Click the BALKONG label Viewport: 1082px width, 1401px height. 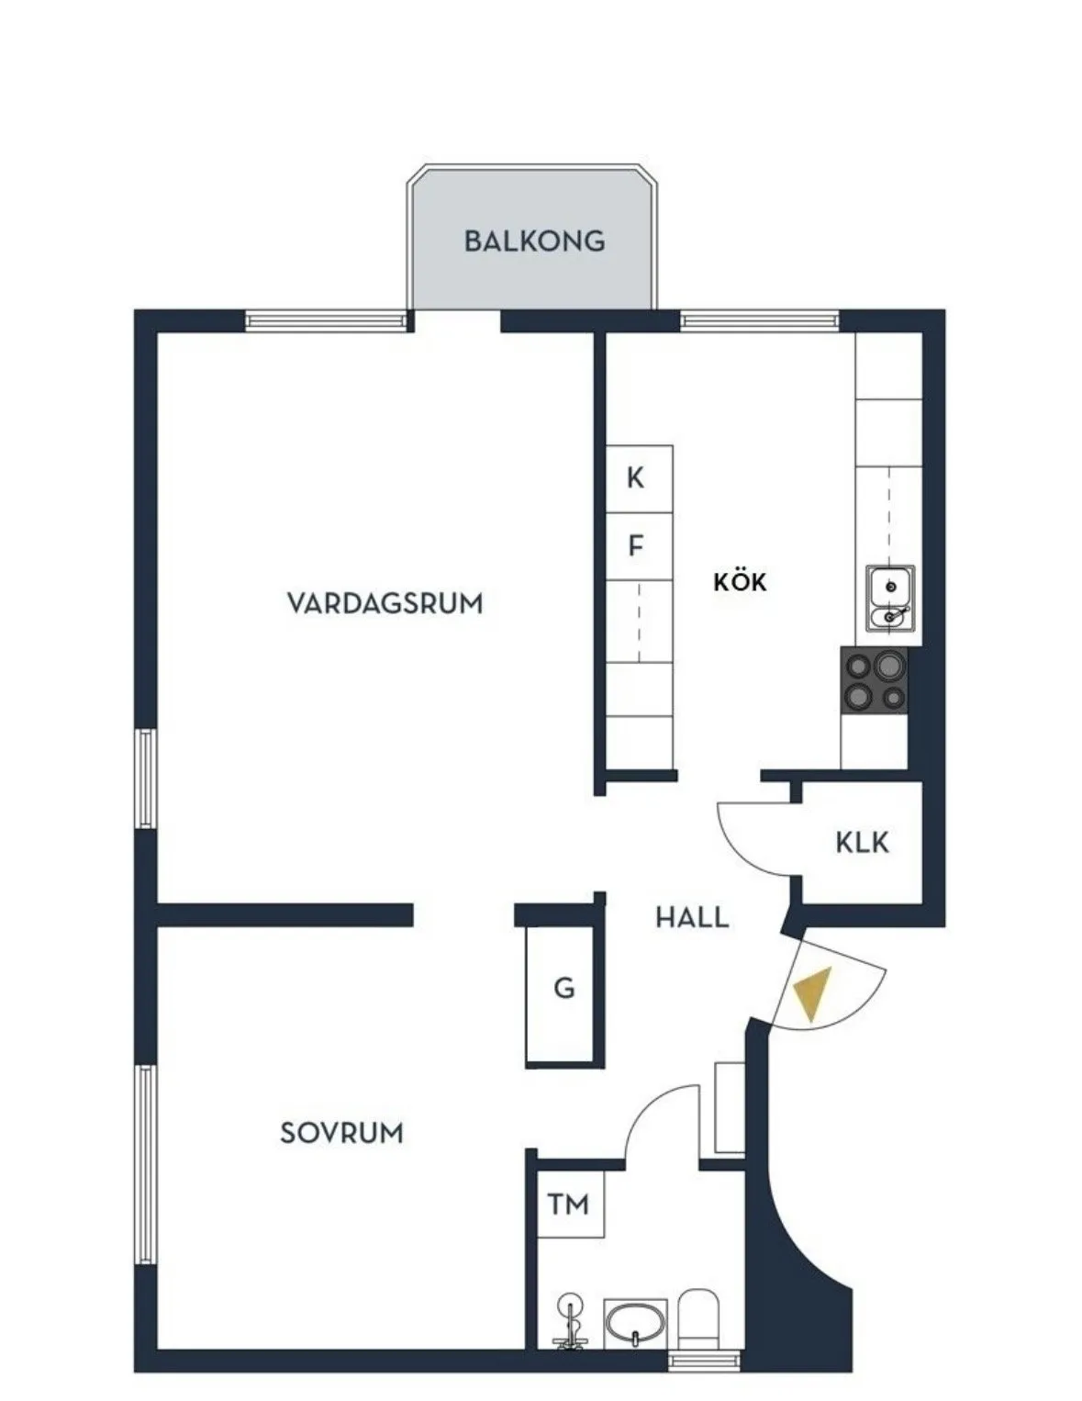(x=534, y=241)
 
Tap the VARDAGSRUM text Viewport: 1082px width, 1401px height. (x=385, y=604)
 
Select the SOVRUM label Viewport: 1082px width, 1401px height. (x=341, y=1133)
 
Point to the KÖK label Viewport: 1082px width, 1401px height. (x=740, y=581)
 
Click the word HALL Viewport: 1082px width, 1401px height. (x=692, y=917)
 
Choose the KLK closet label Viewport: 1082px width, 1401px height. (x=862, y=843)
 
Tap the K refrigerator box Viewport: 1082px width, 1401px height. (x=640, y=479)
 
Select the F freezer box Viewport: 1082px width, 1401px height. (x=640, y=547)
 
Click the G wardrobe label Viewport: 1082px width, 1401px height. (x=563, y=988)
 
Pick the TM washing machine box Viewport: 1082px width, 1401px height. (x=570, y=1205)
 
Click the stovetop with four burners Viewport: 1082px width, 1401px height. (x=874, y=680)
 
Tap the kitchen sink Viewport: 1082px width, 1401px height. (x=890, y=600)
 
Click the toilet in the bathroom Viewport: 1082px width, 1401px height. (x=698, y=1316)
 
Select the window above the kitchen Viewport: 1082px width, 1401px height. (x=761, y=320)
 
